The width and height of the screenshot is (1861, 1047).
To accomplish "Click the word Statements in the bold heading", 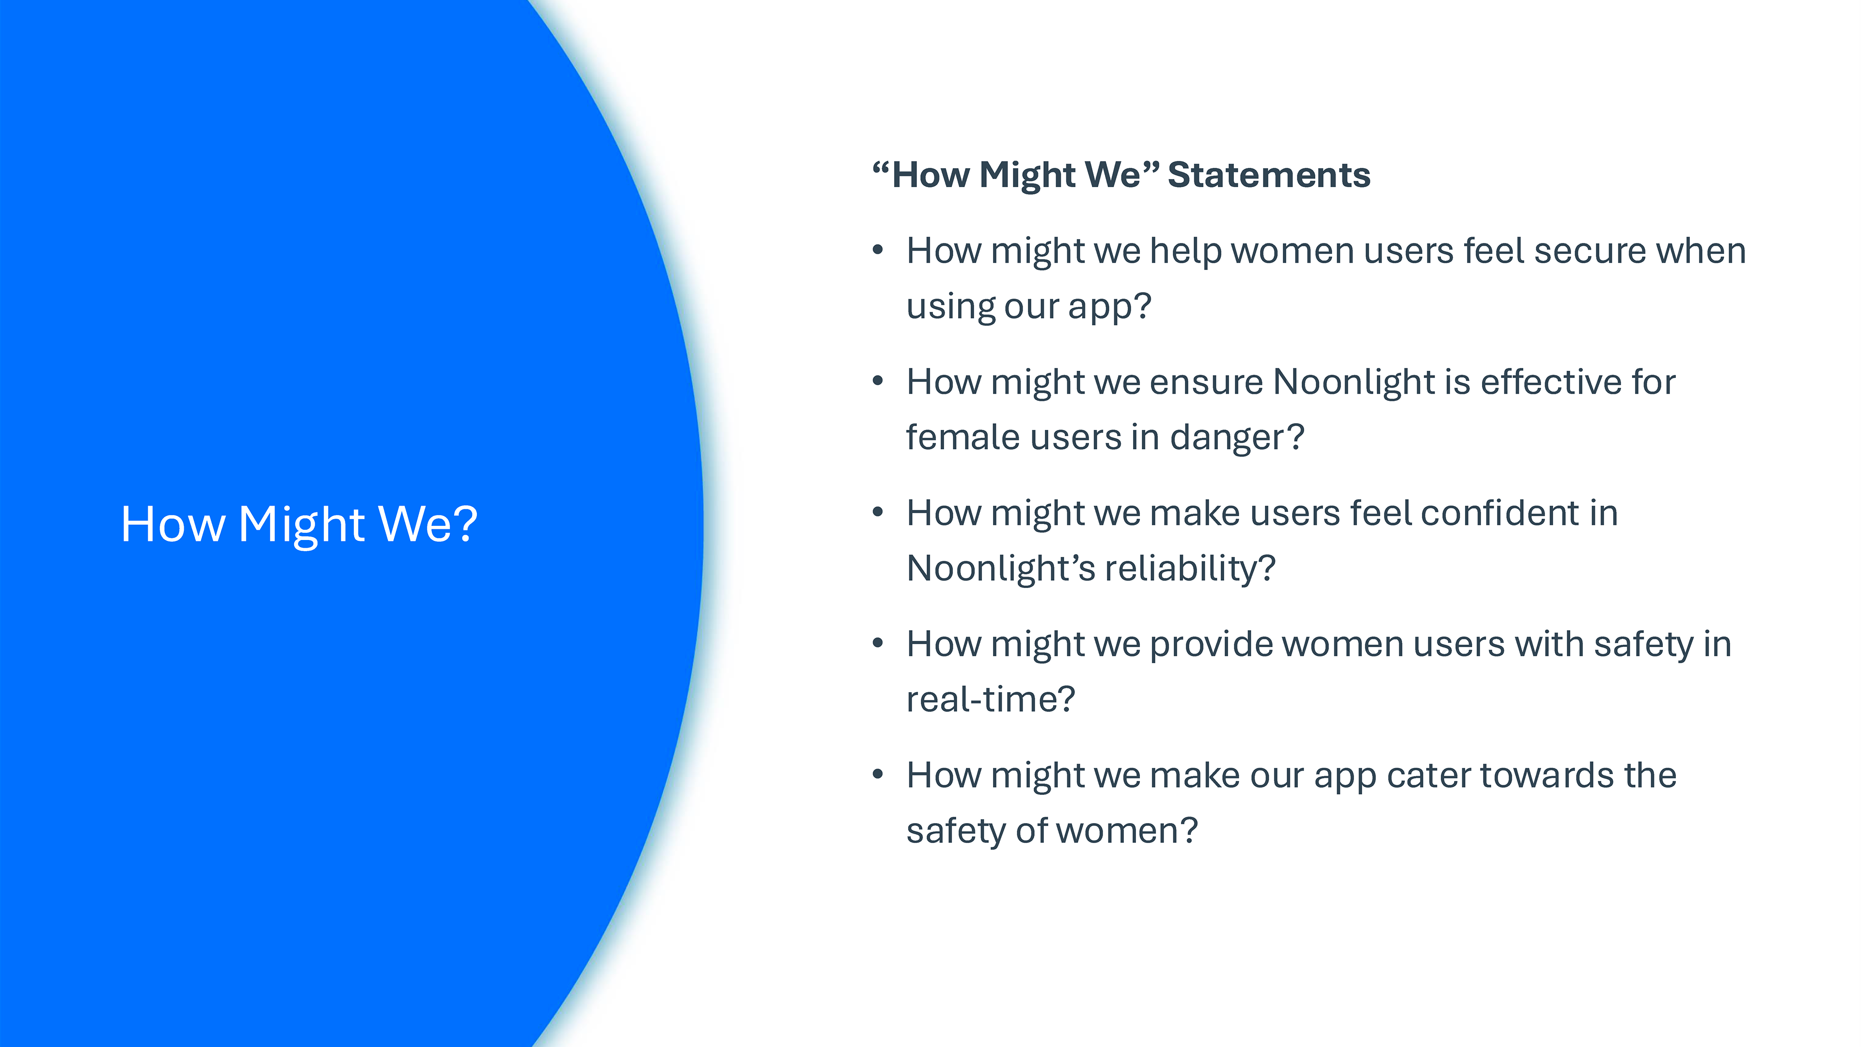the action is tap(1269, 175).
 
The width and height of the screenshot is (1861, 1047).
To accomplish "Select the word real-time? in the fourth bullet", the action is tap(991, 699).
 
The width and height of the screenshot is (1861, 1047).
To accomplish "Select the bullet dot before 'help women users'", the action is tap(878, 250).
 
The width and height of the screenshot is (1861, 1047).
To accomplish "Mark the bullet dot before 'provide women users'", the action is tap(878, 643).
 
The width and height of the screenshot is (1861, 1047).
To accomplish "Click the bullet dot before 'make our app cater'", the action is tap(878, 774).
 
